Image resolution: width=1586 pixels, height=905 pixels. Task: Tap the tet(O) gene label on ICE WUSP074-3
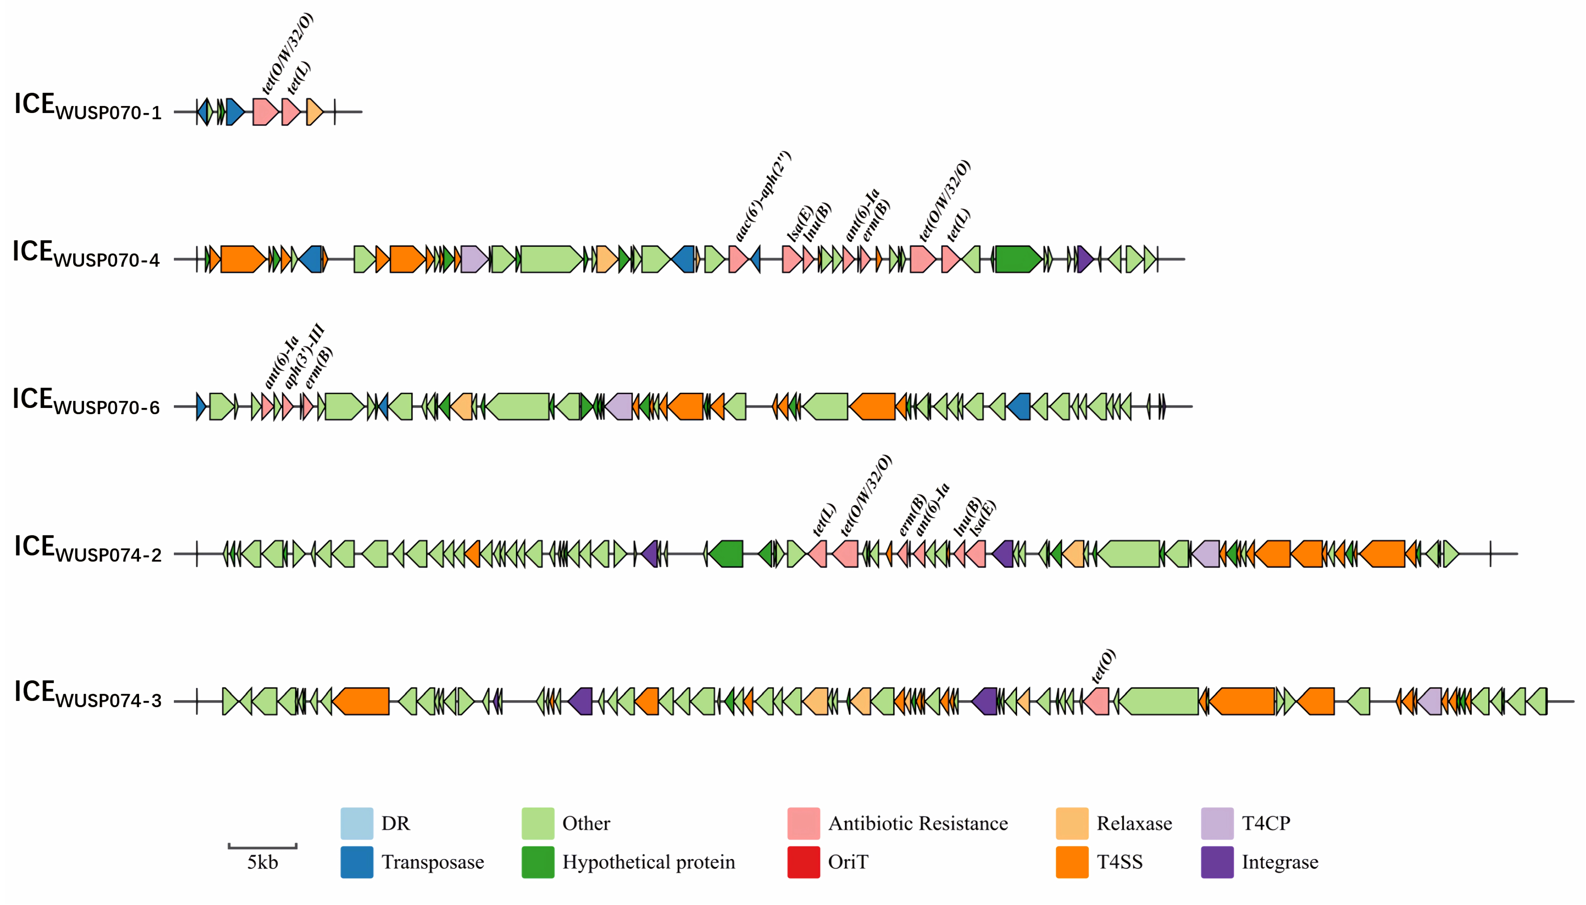1104,666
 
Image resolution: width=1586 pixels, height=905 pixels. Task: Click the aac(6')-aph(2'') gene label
763,196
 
